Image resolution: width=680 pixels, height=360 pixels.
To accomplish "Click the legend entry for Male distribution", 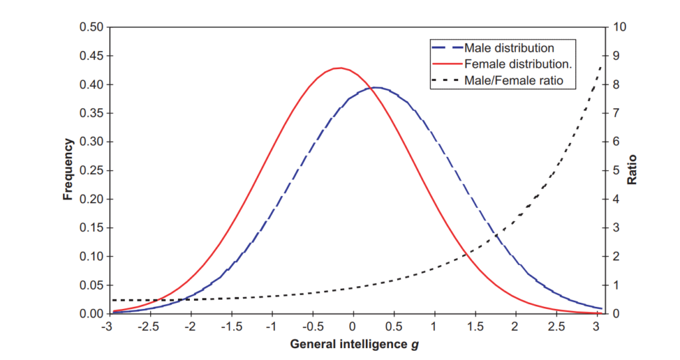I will point(509,48).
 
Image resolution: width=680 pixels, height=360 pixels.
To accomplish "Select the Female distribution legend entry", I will point(519,64).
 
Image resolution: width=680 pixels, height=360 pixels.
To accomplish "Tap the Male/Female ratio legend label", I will point(509,81).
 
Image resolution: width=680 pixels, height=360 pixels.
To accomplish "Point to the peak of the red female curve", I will point(340,68).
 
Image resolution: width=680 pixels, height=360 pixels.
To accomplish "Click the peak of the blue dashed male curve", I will point(377,87).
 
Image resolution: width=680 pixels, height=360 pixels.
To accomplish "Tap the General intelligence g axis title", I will point(355,345).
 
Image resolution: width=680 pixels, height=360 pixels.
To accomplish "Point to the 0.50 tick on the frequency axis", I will point(92,27).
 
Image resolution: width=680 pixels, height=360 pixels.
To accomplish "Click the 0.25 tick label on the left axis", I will point(92,170).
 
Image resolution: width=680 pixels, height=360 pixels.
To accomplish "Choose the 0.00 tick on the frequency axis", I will point(92,314).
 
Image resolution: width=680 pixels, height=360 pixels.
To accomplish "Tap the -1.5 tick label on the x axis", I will point(230,326).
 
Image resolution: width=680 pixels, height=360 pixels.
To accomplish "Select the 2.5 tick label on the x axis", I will point(556,326).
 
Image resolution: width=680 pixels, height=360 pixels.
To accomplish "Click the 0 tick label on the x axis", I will point(353,326).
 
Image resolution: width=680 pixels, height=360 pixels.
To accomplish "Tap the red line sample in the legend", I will point(447,64).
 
